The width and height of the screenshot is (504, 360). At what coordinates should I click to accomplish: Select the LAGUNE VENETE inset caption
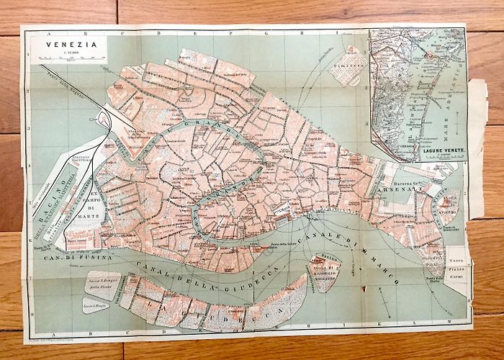click(427, 148)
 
